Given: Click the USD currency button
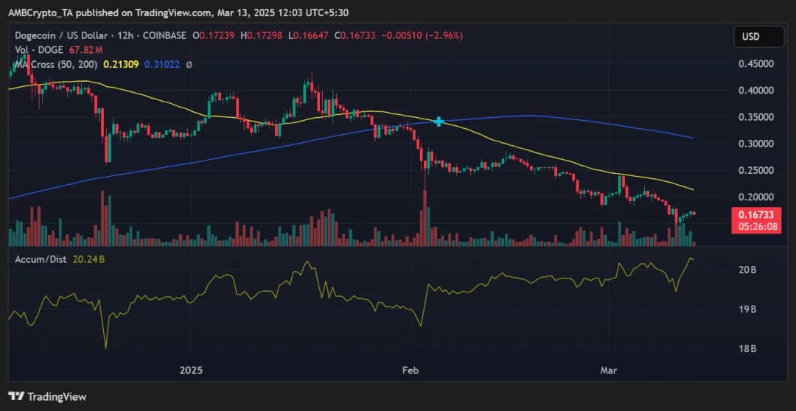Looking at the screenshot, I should pyautogui.click(x=750, y=36).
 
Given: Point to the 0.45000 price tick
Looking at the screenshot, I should pyautogui.click(x=755, y=63).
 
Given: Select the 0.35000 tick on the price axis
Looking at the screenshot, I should pyautogui.click(x=755, y=116).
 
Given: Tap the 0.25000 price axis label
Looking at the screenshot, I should pyautogui.click(x=755, y=169).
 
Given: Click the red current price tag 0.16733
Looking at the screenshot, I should pyautogui.click(x=755, y=214).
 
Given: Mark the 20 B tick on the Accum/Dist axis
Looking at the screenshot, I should pyautogui.click(x=747, y=270).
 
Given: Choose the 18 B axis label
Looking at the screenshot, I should pyautogui.click(x=747, y=348).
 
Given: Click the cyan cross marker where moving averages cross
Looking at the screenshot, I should pyautogui.click(x=439, y=122).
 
